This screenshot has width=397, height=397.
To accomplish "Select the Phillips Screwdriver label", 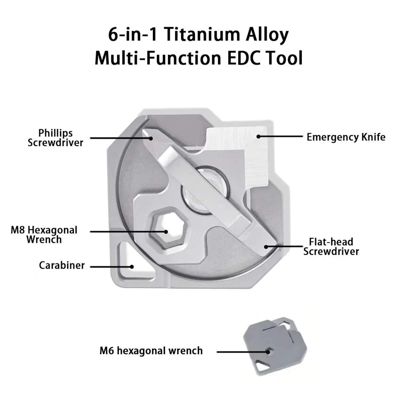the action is pyautogui.click(x=56, y=138).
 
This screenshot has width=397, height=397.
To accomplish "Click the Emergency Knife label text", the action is pyautogui.click(x=346, y=137).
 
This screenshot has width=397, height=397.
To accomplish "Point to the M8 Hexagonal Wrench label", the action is pyautogui.click(x=44, y=235).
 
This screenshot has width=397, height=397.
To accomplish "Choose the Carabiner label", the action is pyautogui.click(x=62, y=265).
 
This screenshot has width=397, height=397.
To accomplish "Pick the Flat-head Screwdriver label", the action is pyautogui.click(x=331, y=246).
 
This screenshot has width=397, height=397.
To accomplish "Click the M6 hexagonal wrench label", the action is pyautogui.click(x=151, y=351).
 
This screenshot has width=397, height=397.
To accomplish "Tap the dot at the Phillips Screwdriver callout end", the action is pyautogui.click(x=151, y=138).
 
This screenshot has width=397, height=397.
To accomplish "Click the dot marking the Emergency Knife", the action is pyautogui.click(x=258, y=136).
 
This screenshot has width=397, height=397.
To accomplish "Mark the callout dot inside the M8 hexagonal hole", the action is pyautogui.click(x=166, y=232).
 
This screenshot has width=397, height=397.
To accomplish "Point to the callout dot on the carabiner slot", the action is pyautogui.click(x=132, y=267).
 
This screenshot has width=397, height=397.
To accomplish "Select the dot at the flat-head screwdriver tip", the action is pyautogui.click(x=266, y=246).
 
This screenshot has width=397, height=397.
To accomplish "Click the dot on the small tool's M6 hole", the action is pyautogui.click(x=268, y=352).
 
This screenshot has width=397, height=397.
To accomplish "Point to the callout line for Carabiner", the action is pyautogui.click(x=111, y=267).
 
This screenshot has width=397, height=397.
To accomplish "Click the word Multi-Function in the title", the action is pyautogui.click(x=158, y=58).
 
